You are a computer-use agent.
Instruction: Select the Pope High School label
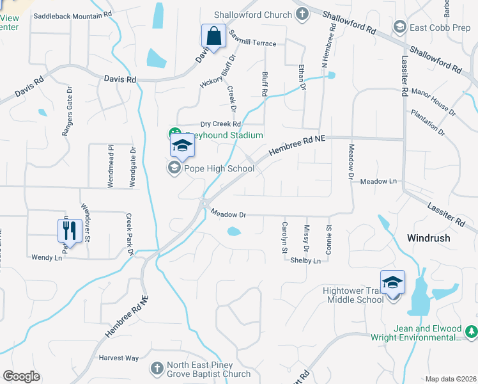(219, 169)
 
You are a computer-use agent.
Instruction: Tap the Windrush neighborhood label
(428, 238)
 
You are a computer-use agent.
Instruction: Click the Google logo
(21, 376)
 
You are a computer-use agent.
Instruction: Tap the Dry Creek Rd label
(220, 124)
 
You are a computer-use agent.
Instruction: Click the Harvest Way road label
(118, 358)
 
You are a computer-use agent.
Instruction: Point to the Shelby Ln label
(305, 260)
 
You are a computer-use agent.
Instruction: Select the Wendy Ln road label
(47, 257)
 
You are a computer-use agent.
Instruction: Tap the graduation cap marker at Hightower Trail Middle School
(392, 282)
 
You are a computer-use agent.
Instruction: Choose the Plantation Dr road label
(428, 122)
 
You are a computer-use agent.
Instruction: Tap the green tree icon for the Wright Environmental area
(471, 331)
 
